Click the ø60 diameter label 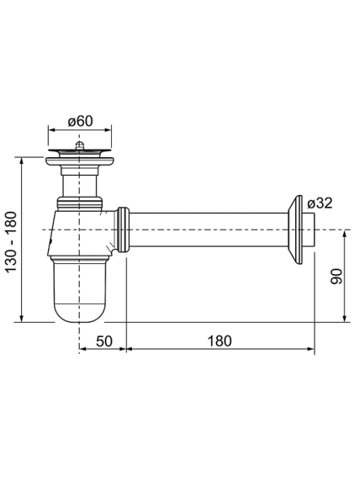(80, 121)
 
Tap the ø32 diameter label (320, 203)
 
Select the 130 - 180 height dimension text (12, 241)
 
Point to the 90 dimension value (336, 276)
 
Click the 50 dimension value (104, 341)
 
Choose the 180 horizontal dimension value (220, 341)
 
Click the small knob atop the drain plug (80, 145)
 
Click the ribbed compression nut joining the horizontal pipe (123, 229)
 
